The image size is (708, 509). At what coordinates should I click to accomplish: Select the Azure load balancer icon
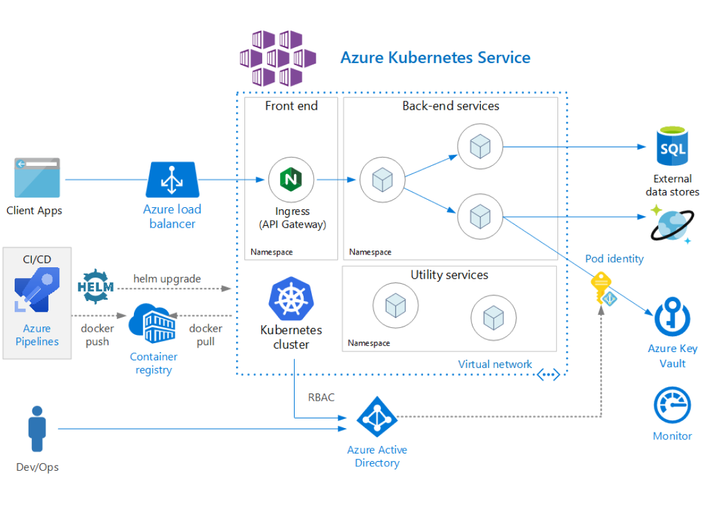(172, 179)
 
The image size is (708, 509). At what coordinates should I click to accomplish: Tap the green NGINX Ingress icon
(291, 179)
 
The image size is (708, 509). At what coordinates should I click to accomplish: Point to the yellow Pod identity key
(602, 288)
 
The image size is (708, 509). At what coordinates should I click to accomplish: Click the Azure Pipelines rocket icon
(37, 290)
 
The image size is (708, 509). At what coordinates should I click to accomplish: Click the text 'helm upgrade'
(167, 279)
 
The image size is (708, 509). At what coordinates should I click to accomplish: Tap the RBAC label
(321, 397)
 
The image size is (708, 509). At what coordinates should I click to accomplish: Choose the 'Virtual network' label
(495, 364)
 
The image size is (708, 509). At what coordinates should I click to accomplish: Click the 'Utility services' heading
(449, 275)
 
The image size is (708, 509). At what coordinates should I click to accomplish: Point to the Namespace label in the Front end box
(272, 252)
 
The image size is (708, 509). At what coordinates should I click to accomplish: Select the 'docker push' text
(97, 335)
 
